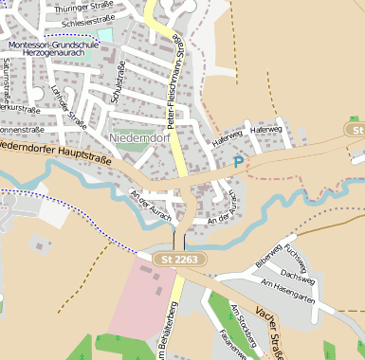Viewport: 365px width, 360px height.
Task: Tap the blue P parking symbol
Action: click(238, 163)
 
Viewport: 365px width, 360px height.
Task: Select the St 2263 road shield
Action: click(177, 258)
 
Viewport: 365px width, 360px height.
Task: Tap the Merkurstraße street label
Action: click(19, 108)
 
